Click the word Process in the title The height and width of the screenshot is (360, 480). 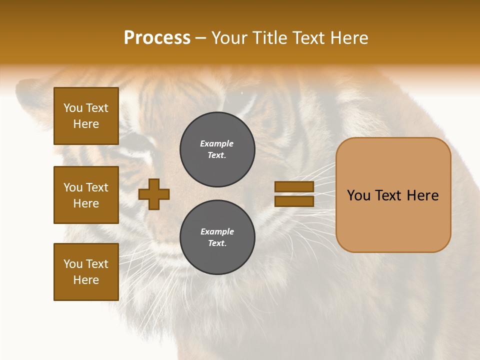157,38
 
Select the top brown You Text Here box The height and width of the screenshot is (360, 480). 86,116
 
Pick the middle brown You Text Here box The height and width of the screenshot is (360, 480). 86,195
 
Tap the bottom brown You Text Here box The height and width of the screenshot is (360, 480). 86,271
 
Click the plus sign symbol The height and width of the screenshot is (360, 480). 154,194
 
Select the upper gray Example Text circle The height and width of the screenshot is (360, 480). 217,149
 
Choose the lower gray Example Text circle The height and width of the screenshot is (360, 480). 217,237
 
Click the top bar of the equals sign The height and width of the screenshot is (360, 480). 294,186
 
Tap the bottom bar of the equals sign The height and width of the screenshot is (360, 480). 294,201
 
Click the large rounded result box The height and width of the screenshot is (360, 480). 393,220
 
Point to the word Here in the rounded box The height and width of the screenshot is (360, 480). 422,195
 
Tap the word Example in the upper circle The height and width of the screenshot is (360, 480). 216,143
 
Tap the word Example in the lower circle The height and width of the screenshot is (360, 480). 217,231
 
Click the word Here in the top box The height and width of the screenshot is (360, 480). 86,124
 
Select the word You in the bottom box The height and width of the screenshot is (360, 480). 73,264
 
